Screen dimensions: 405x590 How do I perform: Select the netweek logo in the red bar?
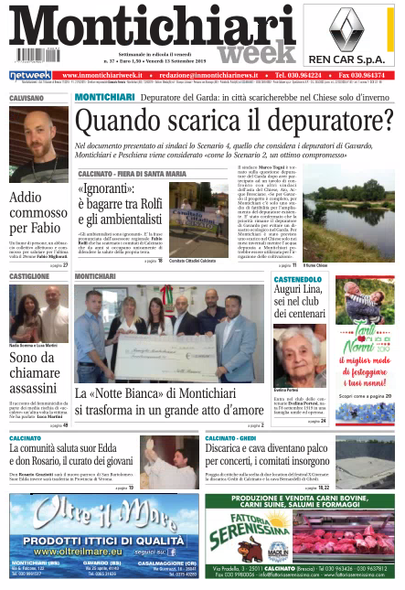30,75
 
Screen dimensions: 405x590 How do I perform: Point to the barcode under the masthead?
37,55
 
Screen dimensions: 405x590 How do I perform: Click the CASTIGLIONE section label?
30,275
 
